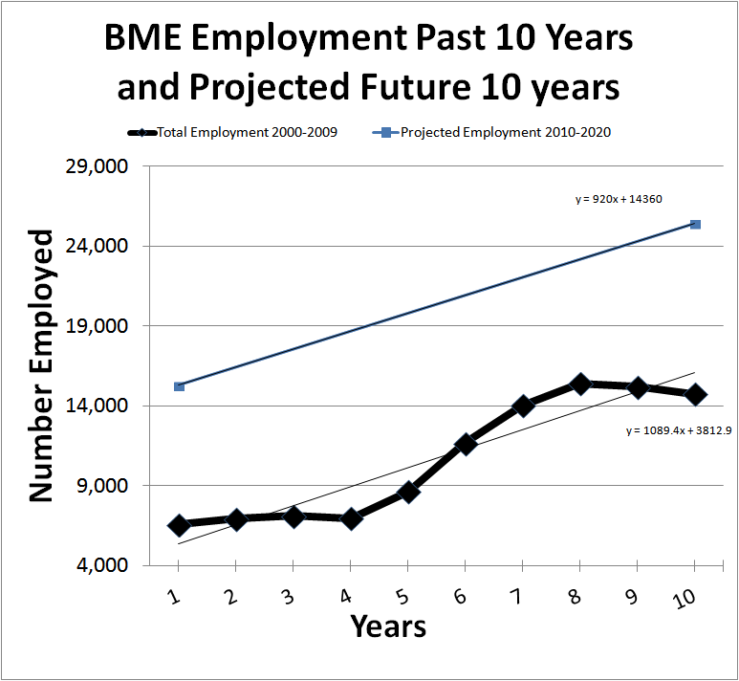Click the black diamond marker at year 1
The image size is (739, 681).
(x=178, y=525)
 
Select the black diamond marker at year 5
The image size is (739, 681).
(x=407, y=492)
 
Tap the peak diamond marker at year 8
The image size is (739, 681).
(x=580, y=384)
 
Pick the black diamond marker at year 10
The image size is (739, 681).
(x=695, y=393)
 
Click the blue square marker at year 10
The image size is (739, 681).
(x=695, y=224)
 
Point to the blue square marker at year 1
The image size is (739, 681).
(x=179, y=385)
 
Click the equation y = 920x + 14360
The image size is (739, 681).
(x=619, y=199)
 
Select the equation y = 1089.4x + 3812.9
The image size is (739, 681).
(x=678, y=430)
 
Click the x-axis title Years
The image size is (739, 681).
(x=387, y=627)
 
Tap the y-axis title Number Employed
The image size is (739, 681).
(x=40, y=364)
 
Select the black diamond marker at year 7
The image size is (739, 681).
(x=523, y=406)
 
